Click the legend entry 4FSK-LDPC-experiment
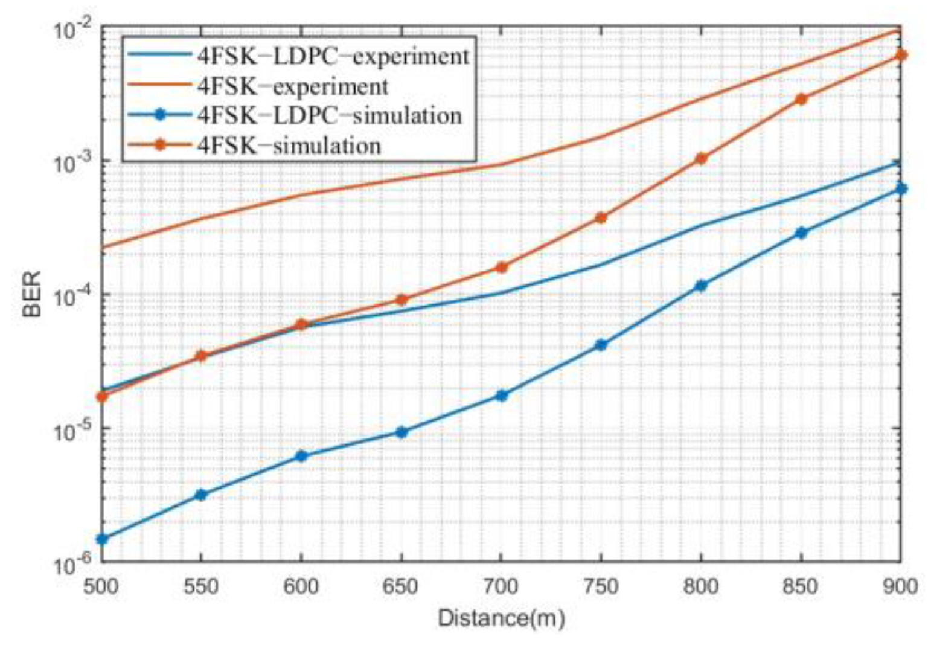pyautogui.click(x=333, y=56)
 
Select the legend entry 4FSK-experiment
pyautogui.click(x=292, y=86)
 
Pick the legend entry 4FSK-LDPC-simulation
pyautogui.click(x=329, y=115)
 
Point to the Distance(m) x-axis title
pyautogui.click(x=501, y=618)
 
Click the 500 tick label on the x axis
pyautogui.click(x=101, y=586)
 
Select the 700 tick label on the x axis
pyautogui.click(x=501, y=586)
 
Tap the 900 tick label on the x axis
pyautogui.click(x=900, y=586)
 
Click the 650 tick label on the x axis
pyautogui.click(x=402, y=586)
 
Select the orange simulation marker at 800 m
pyautogui.click(x=701, y=159)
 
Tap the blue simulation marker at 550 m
pyautogui.click(x=202, y=495)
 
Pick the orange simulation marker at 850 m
pyautogui.click(x=801, y=99)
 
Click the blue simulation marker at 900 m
pyautogui.click(x=901, y=188)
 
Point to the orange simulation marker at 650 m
pyautogui.click(x=402, y=300)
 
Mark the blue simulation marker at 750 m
pyautogui.click(x=601, y=345)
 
